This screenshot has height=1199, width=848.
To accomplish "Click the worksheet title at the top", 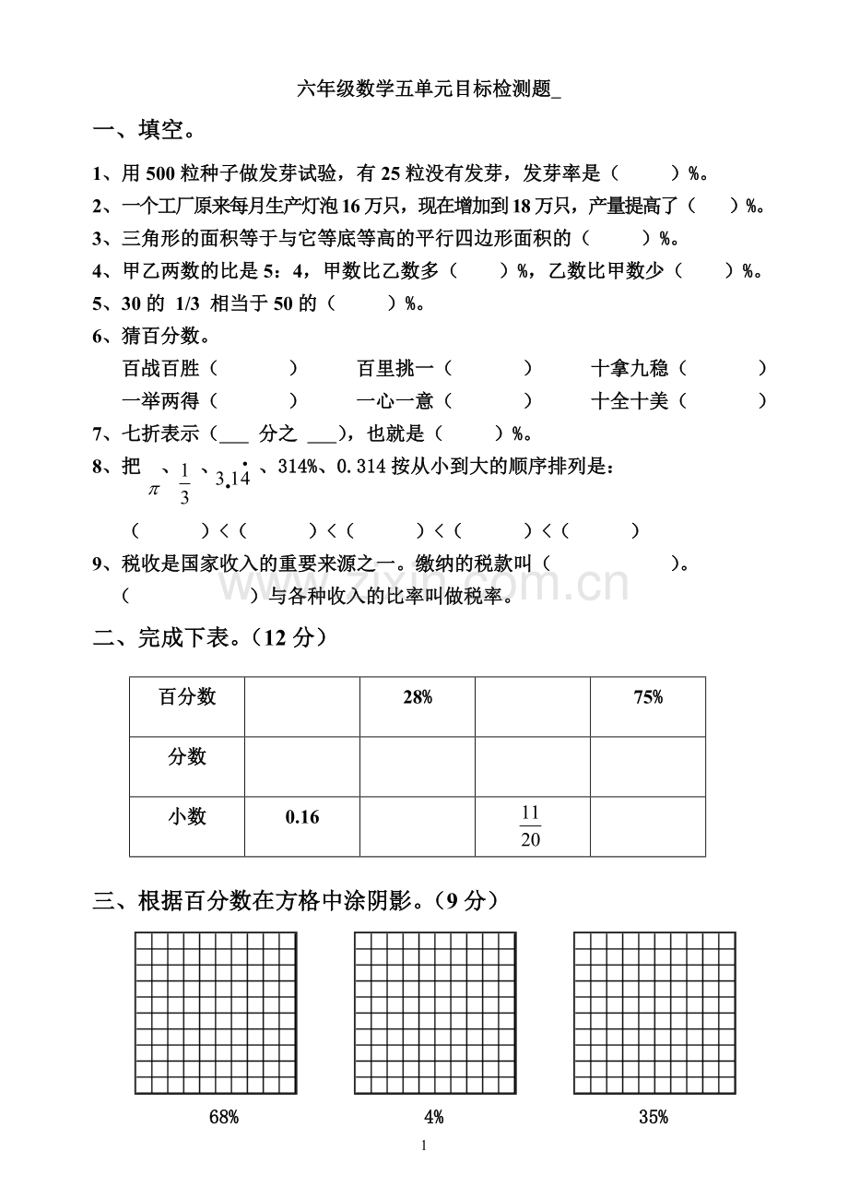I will point(428,89).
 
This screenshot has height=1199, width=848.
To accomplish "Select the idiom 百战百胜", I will point(161,369).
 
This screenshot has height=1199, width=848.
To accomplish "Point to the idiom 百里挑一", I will point(395,369).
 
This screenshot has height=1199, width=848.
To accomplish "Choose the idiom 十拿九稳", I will point(630,369).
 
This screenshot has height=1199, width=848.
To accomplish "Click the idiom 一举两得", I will point(161,400).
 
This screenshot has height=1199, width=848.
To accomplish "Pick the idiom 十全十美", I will point(630,400).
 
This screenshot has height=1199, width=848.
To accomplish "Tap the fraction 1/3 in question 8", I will point(184,484).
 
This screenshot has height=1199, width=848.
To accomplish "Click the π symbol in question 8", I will point(154,489).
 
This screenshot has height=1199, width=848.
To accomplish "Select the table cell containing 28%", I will point(418,698).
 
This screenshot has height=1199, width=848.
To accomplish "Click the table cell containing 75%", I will point(648,698).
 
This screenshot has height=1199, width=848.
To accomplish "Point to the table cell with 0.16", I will point(302,817).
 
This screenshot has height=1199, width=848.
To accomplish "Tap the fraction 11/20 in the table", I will point(530,826).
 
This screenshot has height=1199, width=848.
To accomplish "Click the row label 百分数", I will point(187,697).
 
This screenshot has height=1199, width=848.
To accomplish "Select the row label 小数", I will point(187,817).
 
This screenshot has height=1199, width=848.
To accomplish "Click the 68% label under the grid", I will point(224,1117).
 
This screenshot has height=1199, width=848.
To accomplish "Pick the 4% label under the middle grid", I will point(434,1117).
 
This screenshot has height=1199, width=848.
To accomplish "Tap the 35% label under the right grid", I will point(654,1117).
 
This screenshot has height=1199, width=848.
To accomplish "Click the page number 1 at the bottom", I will point(424,1146).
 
